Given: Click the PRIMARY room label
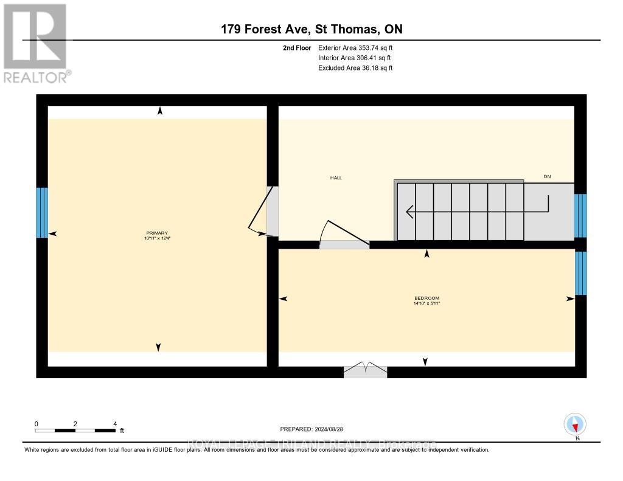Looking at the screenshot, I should pyautogui.click(x=156, y=233).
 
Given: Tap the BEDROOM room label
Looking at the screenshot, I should pyautogui.click(x=426, y=297).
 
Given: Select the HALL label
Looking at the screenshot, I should pyautogui.click(x=336, y=178).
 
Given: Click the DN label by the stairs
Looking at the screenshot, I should pyautogui.click(x=547, y=177).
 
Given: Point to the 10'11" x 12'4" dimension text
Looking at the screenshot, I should pyautogui.click(x=156, y=238).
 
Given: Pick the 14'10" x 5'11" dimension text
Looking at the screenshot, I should pyautogui.click(x=426, y=303).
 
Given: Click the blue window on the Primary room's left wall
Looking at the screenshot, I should pyautogui.click(x=41, y=212).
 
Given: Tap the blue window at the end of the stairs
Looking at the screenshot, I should pyautogui.click(x=580, y=215).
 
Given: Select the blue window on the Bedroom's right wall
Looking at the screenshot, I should pyautogui.click(x=581, y=273).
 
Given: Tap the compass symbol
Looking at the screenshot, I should pyautogui.click(x=574, y=424).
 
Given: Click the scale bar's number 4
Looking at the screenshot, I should pyautogui.click(x=115, y=424).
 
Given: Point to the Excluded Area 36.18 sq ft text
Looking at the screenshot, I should pyautogui.click(x=355, y=68).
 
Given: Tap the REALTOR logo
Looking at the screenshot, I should pyautogui.click(x=36, y=43).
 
